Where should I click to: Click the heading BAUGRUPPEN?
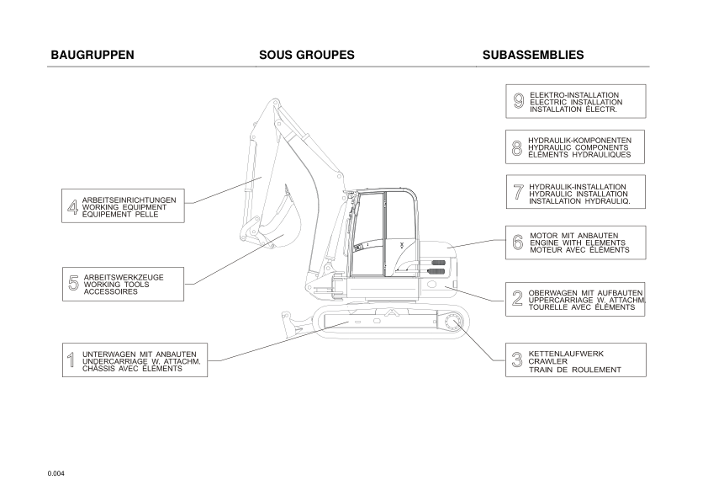pyautogui.click(x=92, y=56)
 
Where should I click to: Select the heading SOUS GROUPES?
pyautogui.click(x=306, y=56)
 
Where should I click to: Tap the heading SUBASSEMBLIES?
pyautogui.click(x=533, y=56)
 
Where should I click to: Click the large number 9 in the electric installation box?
pyautogui.click(x=519, y=102)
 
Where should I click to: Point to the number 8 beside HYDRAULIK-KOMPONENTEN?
pyautogui.click(x=517, y=148)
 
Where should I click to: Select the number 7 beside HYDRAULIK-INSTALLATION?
pyautogui.click(x=518, y=193)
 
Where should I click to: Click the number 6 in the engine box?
pyautogui.click(x=518, y=243)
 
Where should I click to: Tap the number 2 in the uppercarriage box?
pyautogui.click(x=518, y=299)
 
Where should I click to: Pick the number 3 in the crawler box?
pyautogui.click(x=518, y=361)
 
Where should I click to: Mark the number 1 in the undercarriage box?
pyautogui.click(x=71, y=361)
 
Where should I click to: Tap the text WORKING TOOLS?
pyautogui.click(x=116, y=285)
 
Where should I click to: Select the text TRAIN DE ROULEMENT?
pyautogui.click(x=574, y=370)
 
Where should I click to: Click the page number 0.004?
pyautogui.click(x=56, y=473)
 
